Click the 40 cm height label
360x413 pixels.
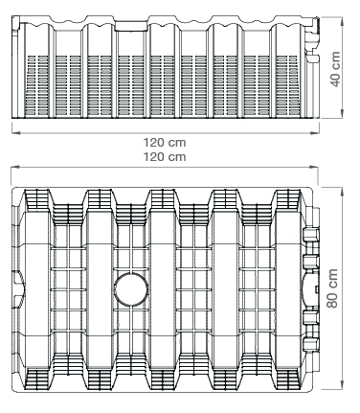tap(335, 69)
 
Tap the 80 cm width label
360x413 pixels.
tap(332, 288)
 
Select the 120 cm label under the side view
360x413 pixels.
tap(165, 143)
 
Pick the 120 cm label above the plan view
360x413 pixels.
tap(165, 157)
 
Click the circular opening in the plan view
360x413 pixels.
tap(131, 289)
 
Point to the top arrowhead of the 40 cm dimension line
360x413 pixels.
tap(342, 20)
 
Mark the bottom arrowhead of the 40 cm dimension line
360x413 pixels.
tap(342, 115)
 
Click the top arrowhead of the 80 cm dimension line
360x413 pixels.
tap(342, 190)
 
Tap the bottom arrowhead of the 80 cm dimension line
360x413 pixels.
tap(342, 386)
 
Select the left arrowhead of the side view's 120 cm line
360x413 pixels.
tap(14, 132)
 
